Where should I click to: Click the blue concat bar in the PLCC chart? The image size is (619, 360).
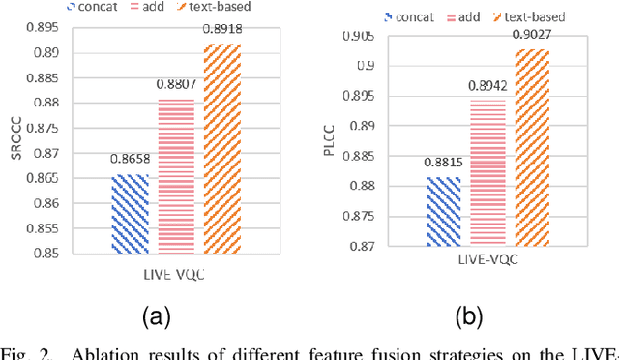(443, 212)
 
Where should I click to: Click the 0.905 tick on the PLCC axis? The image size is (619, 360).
(369, 37)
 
